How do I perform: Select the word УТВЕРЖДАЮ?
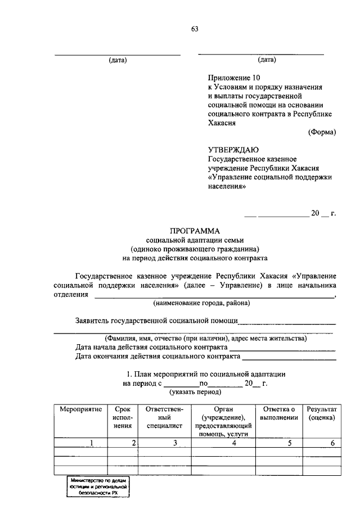point(233,150)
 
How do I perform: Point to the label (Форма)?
point(322,132)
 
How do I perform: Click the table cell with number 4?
point(223,443)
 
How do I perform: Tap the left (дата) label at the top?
point(118,60)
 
